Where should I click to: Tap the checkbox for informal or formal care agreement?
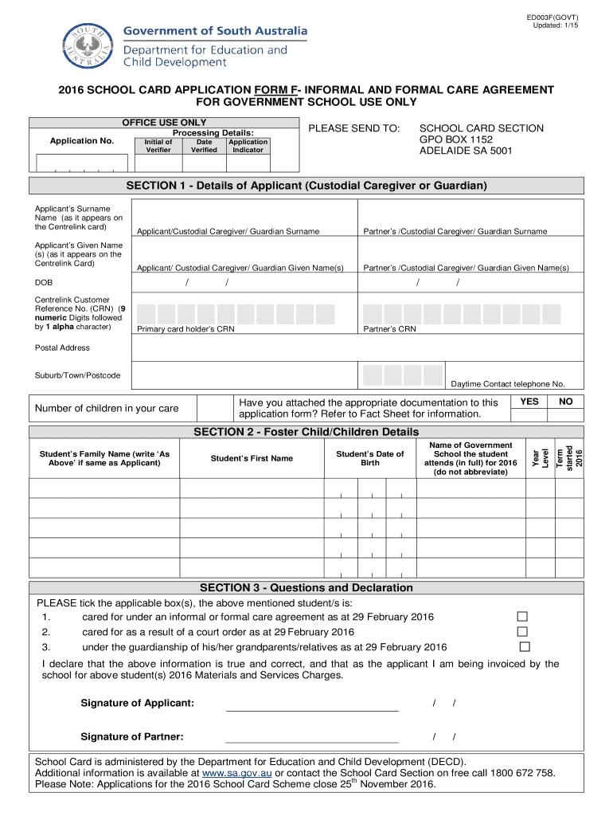point(522,617)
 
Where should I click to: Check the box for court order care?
point(522,632)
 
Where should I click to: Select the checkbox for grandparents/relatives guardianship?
point(524,646)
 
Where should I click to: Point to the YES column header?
point(529,402)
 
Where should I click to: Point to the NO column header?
point(565,402)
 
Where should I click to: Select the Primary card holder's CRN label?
point(185,329)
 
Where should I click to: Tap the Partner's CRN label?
point(389,329)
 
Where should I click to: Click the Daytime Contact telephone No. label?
point(507,383)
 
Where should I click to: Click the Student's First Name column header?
point(252,458)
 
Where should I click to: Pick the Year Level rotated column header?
point(541,459)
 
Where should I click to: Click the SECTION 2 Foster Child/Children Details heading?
point(306,432)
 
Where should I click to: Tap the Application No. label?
point(82,141)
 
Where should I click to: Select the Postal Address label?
point(62,347)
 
